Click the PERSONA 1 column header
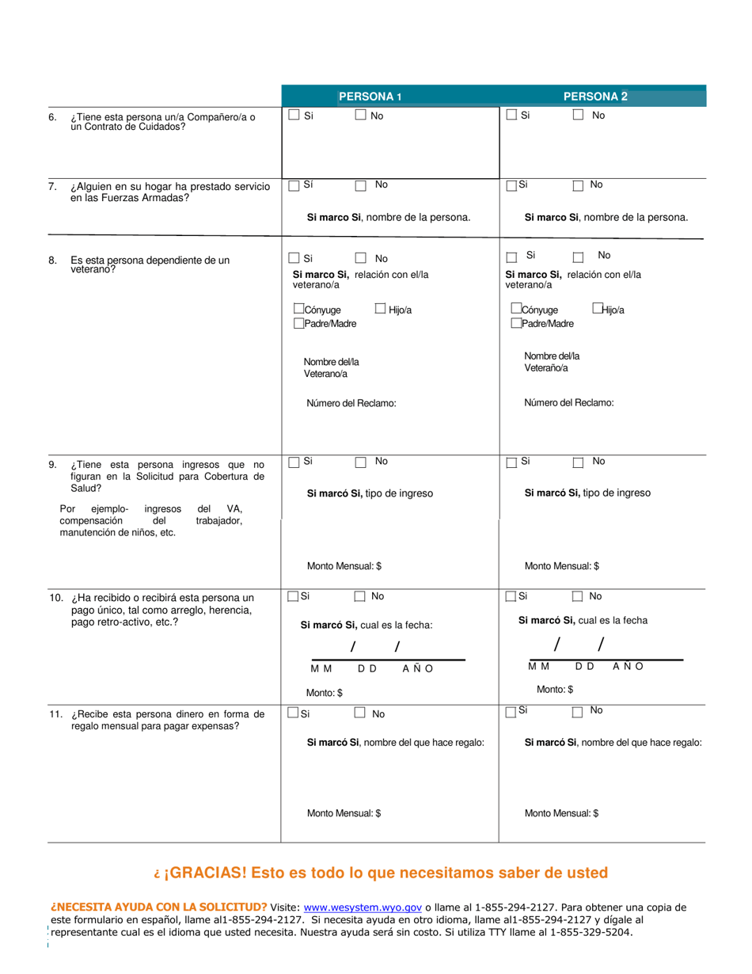click(x=370, y=97)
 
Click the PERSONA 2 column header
click(x=595, y=97)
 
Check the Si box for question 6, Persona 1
click(x=294, y=115)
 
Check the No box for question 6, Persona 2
click(x=578, y=115)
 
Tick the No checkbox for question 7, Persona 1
click(x=361, y=185)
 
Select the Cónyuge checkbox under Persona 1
click(x=298, y=309)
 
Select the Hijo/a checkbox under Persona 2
click(x=597, y=309)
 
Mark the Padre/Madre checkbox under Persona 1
click(x=298, y=323)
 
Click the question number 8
click(x=52, y=260)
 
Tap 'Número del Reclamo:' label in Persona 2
click(x=568, y=403)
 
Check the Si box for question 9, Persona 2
click(x=511, y=462)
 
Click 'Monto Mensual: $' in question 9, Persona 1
click(x=344, y=566)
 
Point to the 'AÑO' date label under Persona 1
click(x=418, y=668)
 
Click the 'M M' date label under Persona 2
click(x=539, y=666)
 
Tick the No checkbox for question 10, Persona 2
click(x=577, y=596)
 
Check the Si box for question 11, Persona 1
click(x=294, y=713)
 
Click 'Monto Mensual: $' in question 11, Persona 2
click(x=561, y=813)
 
